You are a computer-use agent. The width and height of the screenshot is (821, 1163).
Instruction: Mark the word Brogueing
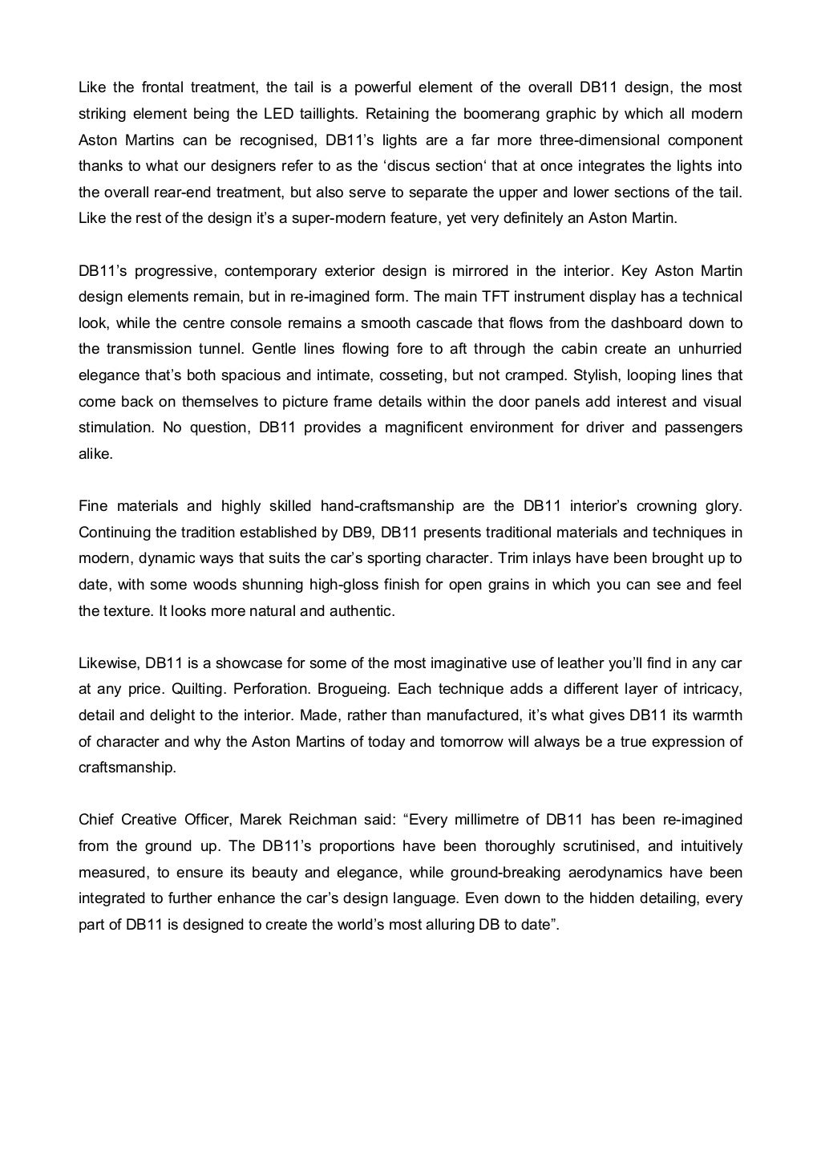pyautogui.click(x=353, y=688)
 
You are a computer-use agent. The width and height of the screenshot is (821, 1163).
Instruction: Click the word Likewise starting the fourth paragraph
pyautogui.click(x=109, y=663)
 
